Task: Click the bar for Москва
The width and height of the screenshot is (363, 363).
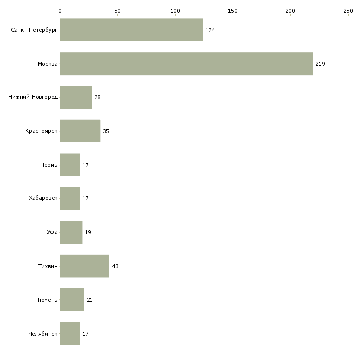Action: pos(186,64)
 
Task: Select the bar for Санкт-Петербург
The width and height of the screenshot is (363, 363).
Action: pos(131,30)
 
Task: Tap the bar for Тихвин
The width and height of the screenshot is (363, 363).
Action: pos(85,266)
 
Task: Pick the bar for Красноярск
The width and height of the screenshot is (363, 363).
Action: pos(80,131)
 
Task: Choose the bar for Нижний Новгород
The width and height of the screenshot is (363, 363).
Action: pos(76,97)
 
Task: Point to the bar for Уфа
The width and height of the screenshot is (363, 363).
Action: pos(71,232)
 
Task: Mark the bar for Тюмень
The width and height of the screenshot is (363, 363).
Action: pos(72,300)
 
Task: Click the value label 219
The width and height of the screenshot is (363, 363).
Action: pos(320,64)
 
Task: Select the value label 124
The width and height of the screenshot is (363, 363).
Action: pos(210,30)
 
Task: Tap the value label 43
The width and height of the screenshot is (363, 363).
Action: pos(115,266)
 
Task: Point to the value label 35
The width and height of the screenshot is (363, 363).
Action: pos(106,131)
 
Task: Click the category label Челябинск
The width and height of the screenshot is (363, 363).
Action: pos(43,334)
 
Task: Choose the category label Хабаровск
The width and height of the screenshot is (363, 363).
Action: pos(43,198)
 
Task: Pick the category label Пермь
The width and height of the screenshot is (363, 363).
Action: pos(49,165)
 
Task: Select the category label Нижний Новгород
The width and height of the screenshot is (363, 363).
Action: pos(33,97)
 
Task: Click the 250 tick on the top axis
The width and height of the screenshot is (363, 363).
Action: pos(348,10)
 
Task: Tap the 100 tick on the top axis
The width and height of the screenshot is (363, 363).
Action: pos(175,10)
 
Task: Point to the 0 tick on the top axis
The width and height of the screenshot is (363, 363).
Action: pos(60,10)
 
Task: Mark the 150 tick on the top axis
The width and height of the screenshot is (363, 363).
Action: pos(233,10)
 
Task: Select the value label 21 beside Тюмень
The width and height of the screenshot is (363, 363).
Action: pos(90,300)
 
